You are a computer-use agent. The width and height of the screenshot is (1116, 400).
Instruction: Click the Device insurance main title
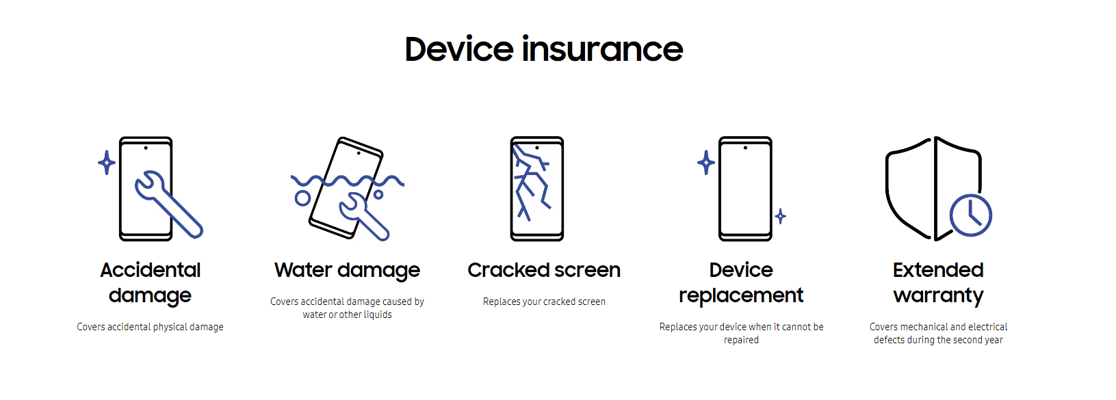click(543, 49)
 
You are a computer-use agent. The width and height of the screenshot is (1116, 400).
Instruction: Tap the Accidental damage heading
click(150, 282)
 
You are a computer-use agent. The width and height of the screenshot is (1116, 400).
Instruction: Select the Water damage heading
click(348, 271)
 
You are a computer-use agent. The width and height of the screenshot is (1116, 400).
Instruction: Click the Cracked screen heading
click(544, 270)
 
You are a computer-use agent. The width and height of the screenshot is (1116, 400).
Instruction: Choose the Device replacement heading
click(741, 282)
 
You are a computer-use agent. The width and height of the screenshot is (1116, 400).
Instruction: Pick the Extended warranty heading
click(938, 282)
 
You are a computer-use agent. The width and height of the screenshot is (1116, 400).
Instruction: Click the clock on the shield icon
click(970, 215)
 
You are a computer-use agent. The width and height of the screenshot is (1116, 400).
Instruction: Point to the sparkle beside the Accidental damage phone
click(107, 162)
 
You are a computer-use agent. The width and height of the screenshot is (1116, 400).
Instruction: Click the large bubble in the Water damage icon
click(302, 198)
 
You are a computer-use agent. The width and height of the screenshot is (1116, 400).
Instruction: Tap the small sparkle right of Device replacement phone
click(781, 216)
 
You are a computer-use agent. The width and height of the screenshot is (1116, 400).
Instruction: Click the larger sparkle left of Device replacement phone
click(706, 162)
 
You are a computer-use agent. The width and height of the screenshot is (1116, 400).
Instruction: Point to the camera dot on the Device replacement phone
click(745, 148)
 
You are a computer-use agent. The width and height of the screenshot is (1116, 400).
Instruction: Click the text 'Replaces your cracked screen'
click(544, 302)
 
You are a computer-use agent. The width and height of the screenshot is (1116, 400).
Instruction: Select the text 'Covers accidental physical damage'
click(150, 327)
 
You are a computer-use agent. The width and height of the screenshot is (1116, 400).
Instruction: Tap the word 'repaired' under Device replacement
click(741, 340)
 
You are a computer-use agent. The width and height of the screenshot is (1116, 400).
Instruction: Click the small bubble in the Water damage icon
click(378, 195)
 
